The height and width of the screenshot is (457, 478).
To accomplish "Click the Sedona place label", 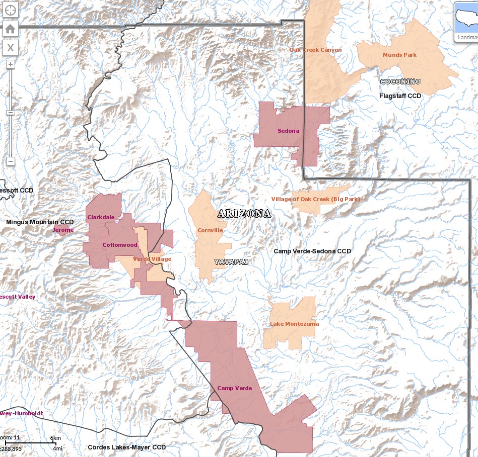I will coord(288,131).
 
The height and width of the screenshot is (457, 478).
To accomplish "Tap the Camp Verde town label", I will coord(234,389).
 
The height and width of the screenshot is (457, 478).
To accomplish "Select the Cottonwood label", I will coord(119,245).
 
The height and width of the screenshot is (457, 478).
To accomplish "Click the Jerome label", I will coord(63,230).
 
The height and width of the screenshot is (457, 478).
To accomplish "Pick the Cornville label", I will coord(210,231).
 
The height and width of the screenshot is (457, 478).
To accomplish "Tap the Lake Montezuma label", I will coord(294,324).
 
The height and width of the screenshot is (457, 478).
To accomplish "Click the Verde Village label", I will coord(152,259).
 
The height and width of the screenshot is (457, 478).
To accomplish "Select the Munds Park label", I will coord(399,55).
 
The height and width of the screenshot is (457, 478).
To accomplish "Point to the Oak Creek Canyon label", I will coord(315,50).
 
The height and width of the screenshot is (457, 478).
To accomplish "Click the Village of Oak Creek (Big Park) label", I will coord(316,200).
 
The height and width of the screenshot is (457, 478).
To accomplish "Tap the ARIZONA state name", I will coord(244,214).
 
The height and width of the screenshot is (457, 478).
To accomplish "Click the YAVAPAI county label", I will coord(231,262).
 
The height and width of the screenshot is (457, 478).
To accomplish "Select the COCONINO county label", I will coord(400,82).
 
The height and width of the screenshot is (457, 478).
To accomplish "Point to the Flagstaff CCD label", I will coord(400,96).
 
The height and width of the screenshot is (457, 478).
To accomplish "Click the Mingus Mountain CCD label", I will coord(40,222).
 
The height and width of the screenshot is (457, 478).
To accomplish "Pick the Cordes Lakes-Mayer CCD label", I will coord(126,447).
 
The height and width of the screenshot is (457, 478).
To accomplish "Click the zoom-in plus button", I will coord(11,64).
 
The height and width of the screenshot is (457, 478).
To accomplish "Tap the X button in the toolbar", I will coord(11,48).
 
